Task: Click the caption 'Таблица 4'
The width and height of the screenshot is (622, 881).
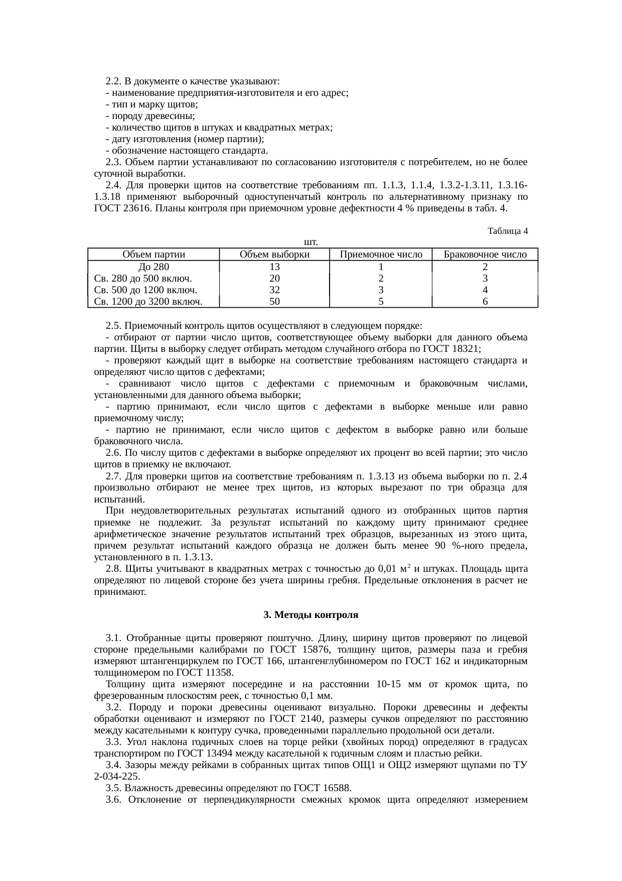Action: tap(507, 231)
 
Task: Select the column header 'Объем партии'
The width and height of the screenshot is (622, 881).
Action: tap(153, 254)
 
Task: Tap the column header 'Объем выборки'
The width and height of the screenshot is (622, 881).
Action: tap(274, 254)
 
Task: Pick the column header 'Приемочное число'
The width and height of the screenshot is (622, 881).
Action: tap(381, 254)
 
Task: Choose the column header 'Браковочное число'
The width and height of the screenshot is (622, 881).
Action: tap(485, 254)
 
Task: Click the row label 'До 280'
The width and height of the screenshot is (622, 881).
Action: tap(153, 267)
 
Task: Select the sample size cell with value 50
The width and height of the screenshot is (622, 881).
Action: tap(274, 301)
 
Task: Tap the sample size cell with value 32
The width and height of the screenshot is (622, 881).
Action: tap(274, 290)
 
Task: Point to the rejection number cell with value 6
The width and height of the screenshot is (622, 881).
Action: tap(485, 301)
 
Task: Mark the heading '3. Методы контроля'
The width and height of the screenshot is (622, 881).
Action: tap(310, 614)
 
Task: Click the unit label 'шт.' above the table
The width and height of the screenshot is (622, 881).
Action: tap(310, 242)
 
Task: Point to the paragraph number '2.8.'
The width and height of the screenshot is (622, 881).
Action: tap(114, 569)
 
